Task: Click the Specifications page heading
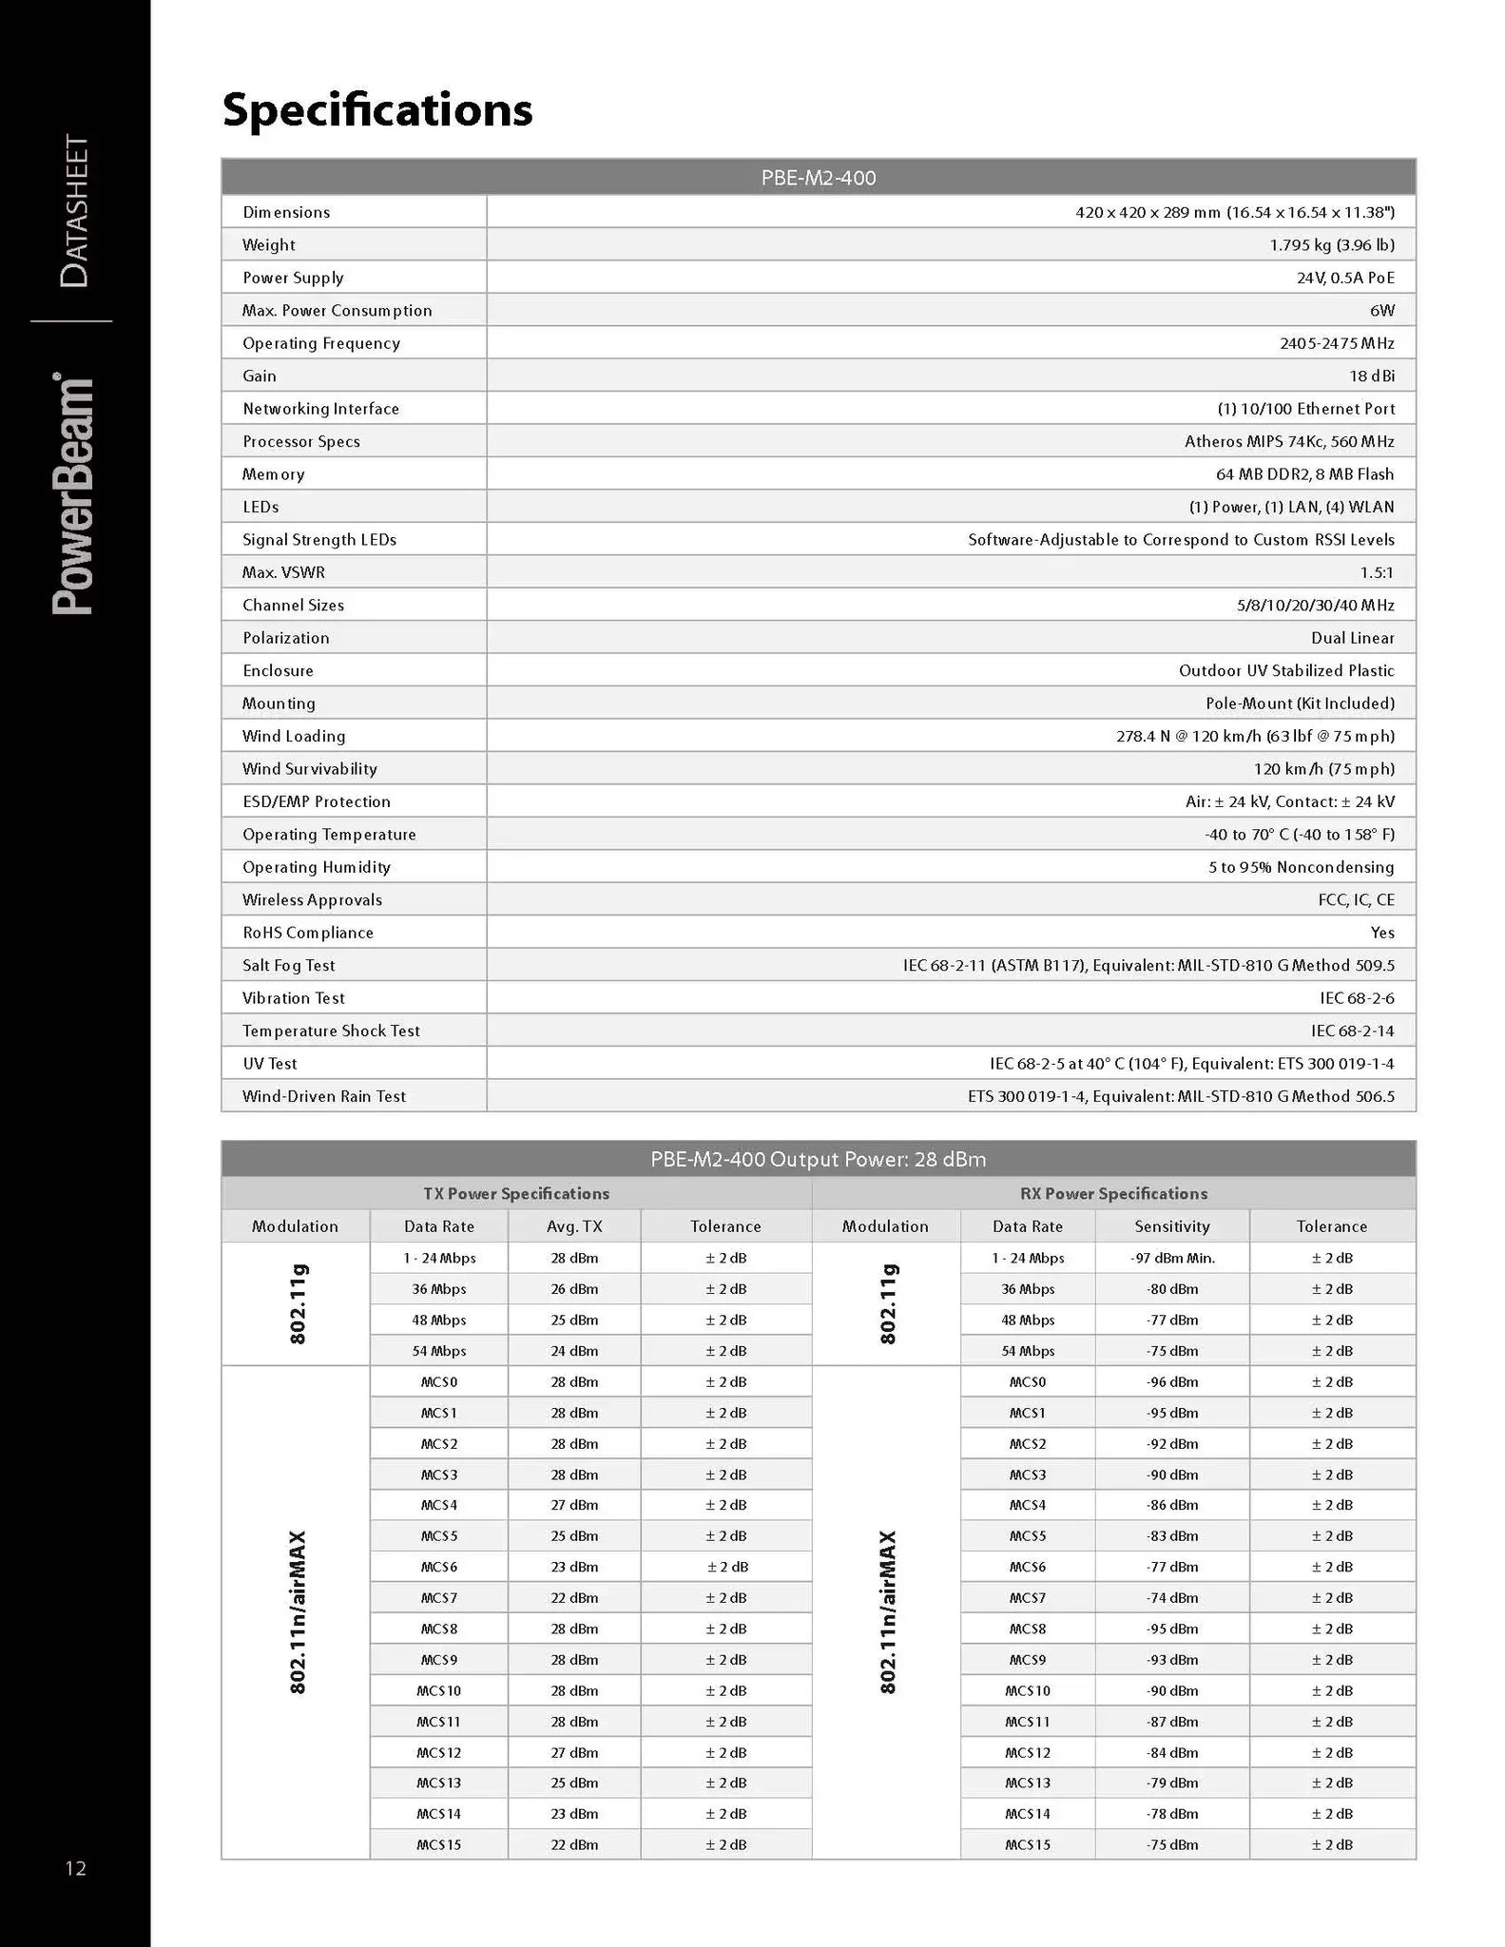[377, 110]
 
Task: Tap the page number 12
[75, 1868]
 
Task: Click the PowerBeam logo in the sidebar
[74, 494]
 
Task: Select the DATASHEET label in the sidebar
[74, 211]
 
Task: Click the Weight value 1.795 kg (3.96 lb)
[1331, 245]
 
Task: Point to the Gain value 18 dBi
[1371, 376]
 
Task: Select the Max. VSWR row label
[283, 572]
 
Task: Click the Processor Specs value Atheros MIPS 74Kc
[1288, 442]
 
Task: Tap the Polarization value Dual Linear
[1352, 638]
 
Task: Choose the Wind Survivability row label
[309, 769]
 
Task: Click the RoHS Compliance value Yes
[1382, 933]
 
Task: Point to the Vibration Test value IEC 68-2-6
[1350, 998]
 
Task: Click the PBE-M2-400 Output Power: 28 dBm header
[818, 1160]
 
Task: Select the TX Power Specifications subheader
[516, 1194]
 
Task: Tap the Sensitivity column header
[1171, 1226]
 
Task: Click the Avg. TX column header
[574, 1226]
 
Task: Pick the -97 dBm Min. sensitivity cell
[1172, 1259]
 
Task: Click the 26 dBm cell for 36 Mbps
[574, 1290]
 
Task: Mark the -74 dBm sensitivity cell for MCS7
[1172, 1598]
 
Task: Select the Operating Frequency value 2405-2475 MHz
[1336, 343]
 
